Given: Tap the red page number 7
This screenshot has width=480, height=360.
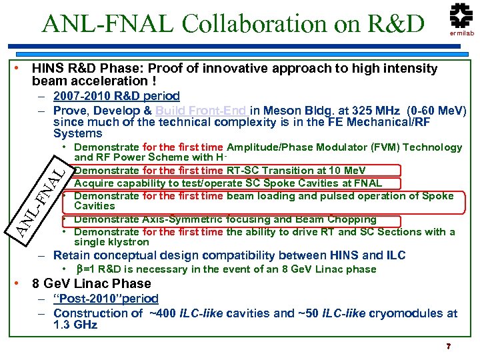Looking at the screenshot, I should pyautogui.click(x=449, y=347).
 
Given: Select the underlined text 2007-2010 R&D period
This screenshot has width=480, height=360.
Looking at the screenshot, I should pyautogui.click(x=116, y=96).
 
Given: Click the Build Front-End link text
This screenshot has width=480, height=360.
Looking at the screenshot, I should pyautogui.click(x=201, y=110).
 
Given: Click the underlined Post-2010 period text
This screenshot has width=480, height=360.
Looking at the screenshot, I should pyautogui.click(x=106, y=299).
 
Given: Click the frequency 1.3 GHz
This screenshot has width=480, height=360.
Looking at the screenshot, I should pyautogui.click(x=75, y=325).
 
